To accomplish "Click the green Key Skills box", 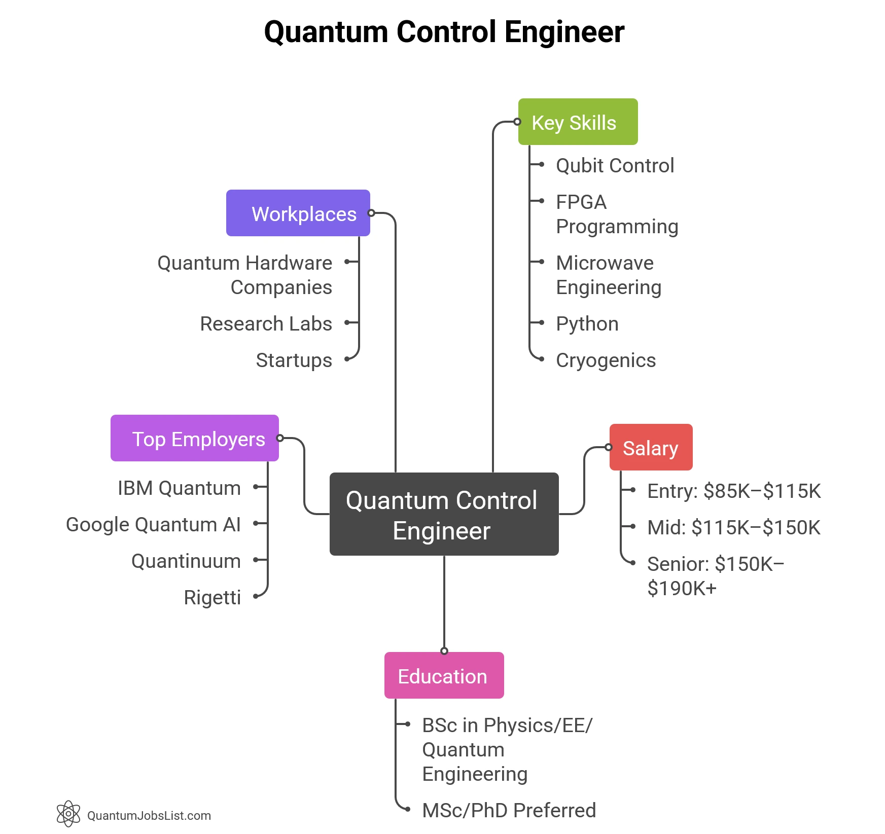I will [578, 122].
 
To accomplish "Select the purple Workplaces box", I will [298, 213].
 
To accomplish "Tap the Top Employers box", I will [195, 439].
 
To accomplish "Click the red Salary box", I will [651, 448].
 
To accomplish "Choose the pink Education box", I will [444, 676].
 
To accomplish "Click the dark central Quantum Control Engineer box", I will [444, 514].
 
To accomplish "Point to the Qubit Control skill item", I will [615, 166].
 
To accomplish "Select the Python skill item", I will [587, 324].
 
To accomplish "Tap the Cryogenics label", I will [606, 360].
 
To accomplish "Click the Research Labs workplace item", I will [266, 324].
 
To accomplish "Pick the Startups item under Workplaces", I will [294, 360].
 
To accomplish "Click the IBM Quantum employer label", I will [179, 488].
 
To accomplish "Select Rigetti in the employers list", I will [212, 598].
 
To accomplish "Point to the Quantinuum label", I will [186, 561].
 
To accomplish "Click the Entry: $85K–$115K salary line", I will [734, 491].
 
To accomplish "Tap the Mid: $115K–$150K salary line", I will [733, 528].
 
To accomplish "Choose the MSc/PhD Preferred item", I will [509, 811].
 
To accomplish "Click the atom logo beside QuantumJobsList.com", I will [68, 814].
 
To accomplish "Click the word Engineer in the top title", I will [564, 32].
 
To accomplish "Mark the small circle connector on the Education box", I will [444, 651].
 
